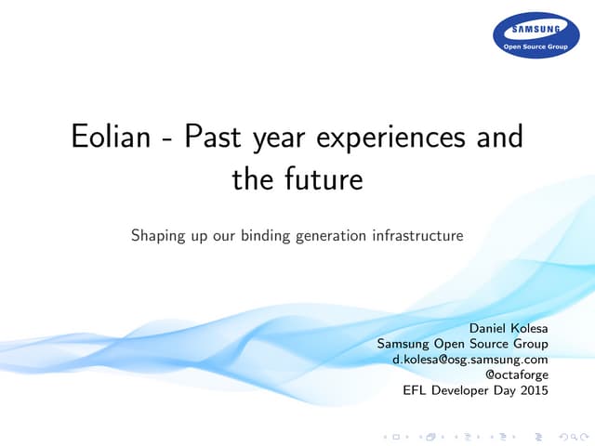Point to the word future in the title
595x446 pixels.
pyautogui.click(x=324, y=178)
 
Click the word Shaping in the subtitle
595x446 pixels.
pyautogui.click(x=159, y=237)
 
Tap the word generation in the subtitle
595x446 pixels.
pyautogui.click(x=332, y=237)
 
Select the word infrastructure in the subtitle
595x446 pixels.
pyautogui.click(x=416, y=236)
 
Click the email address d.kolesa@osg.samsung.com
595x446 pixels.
pyautogui.click(x=470, y=359)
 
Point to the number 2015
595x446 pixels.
pyautogui.click(x=531, y=390)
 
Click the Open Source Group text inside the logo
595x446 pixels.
pyautogui.click(x=535, y=44)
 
